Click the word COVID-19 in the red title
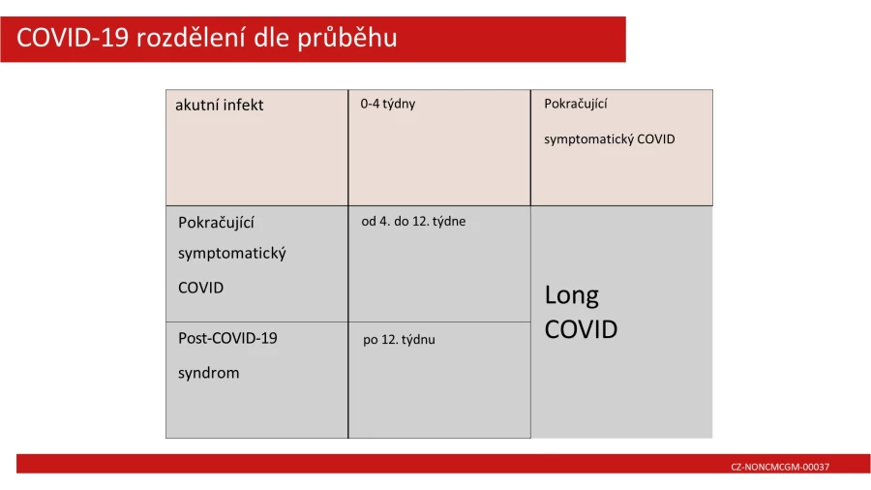click(73, 38)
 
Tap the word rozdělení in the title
click(190, 38)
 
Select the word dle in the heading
click(271, 38)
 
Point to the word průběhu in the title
click(347, 39)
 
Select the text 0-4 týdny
click(388, 104)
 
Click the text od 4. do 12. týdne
click(413, 222)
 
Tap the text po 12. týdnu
click(399, 340)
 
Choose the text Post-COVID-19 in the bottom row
click(227, 338)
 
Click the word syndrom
click(209, 374)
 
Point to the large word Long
click(572, 296)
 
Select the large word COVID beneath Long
click(581, 329)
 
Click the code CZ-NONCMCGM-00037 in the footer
click(780, 467)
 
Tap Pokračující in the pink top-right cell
click(576, 104)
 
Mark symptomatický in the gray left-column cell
click(232, 254)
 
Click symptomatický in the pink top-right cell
click(588, 139)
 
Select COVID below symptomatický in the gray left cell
click(201, 288)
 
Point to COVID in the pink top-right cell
click(656, 138)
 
